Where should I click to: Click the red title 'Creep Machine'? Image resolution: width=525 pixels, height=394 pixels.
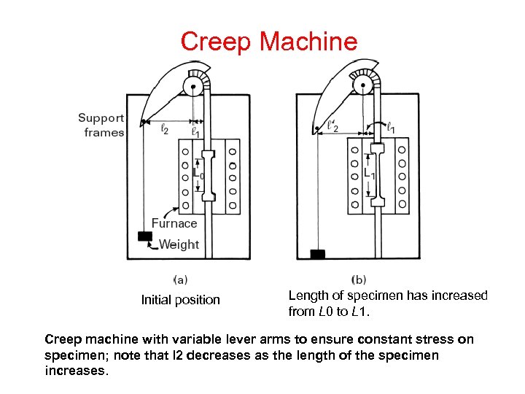tap(269, 41)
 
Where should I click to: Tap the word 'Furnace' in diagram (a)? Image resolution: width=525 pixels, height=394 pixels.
tap(174, 223)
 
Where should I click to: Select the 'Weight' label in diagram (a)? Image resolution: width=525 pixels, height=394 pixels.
tap(179, 244)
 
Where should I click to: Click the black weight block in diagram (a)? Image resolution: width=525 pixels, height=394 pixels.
tap(145, 236)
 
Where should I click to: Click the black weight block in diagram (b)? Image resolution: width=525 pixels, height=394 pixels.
tap(317, 254)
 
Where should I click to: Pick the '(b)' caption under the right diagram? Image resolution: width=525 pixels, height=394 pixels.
tap(359, 279)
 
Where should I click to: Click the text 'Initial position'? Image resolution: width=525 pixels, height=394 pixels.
tap(180, 300)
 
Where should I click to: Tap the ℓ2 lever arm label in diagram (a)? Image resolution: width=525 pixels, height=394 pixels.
tap(164, 130)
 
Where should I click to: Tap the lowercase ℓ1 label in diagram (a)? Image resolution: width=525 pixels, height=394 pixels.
tap(195, 132)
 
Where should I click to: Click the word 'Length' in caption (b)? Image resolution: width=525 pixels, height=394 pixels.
tap(308, 295)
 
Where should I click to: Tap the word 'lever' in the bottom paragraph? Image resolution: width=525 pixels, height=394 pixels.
tap(240, 339)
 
